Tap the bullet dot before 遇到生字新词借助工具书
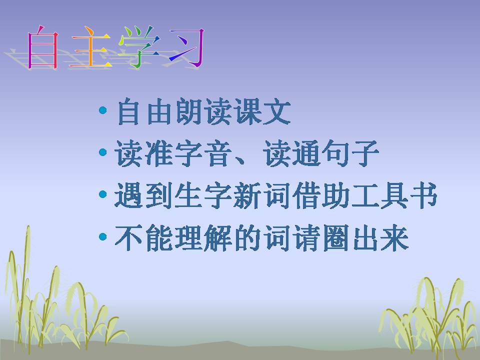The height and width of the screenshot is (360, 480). click(103, 193)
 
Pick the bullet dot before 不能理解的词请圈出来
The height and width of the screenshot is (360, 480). click(103, 236)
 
